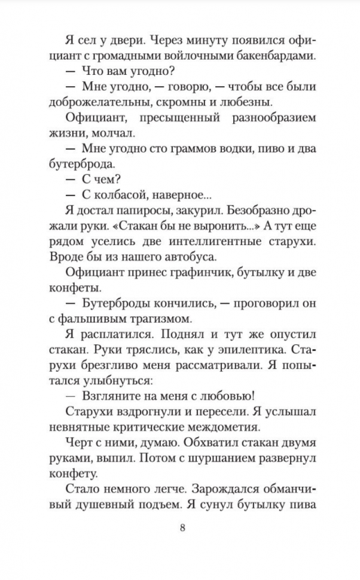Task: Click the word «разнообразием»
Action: [x=271, y=117]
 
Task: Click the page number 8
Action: [x=180, y=528]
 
